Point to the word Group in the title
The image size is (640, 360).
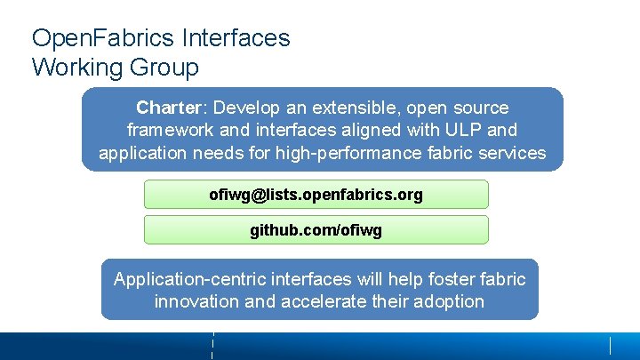point(164,67)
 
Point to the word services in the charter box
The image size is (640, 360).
point(514,153)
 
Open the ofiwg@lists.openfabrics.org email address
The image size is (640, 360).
point(316,194)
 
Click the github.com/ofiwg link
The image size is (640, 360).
point(316,230)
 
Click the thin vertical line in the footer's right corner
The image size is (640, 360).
point(611,346)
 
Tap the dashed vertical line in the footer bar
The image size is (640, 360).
point(213,346)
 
